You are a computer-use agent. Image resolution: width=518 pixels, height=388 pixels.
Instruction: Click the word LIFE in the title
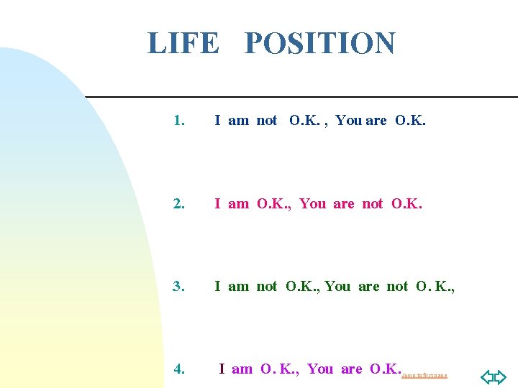pyautogui.click(x=183, y=43)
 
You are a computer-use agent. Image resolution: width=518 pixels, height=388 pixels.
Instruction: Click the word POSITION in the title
pyautogui.click(x=319, y=43)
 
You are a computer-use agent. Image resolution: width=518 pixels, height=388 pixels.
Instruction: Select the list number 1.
pyautogui.click(x=179, y=121)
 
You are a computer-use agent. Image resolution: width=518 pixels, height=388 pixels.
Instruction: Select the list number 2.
pyautogui.click(x=179, y=203)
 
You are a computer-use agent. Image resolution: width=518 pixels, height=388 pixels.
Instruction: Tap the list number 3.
pyautogui.click(x=179, y=286)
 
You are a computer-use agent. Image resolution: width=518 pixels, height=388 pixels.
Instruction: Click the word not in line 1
pyautogui.click(x=267, y=121)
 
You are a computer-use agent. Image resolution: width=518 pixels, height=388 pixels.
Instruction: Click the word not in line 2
pyautogui.click(x=373, y=203)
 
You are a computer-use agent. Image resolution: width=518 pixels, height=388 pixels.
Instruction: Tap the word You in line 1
pyautogui.click(x=349, y=121)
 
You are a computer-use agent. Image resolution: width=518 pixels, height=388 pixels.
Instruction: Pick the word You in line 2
pyautogui.click(x=312, y=203)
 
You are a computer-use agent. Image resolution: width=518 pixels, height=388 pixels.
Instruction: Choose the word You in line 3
pyautogui.click(x=337, y=286)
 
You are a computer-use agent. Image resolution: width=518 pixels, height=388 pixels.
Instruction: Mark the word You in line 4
pyautogui.click(x=320, y=369)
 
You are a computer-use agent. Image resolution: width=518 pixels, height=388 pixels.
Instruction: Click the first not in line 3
pyautogui.click(x=267, y=286)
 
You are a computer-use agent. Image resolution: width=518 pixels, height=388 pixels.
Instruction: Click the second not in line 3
pyautogui.click(x=397, y=286)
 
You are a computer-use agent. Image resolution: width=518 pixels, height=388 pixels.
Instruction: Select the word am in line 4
pyautogui.click(x=242, y=369)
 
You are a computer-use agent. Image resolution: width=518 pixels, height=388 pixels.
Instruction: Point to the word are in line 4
pyautogui.click(x=352, y=369)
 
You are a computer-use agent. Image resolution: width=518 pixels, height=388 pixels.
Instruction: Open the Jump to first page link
pyautogui.click(x=424, y=375)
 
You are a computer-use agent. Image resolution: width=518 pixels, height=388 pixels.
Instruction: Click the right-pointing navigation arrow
pyautogui.click(x=501, y=377)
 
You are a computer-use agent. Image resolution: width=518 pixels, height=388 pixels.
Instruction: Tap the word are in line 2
pyautogui.click(x=344, y=203)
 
